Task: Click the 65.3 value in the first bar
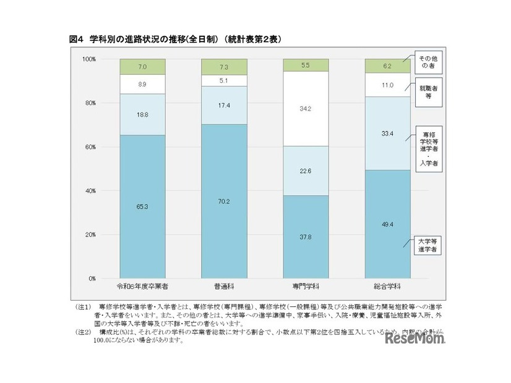pos(142,206)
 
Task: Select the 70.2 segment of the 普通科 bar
pos(224,201)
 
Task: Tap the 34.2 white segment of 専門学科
pos(306,108)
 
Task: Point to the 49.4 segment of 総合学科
pos(387,224)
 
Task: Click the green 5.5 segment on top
pos(306,65)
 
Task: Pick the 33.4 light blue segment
pos(387,132)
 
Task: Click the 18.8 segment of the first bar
pos(142,114)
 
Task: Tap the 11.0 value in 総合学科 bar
pos(387,85)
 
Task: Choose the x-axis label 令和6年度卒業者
pos(142,287)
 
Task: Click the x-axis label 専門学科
pos(306,287)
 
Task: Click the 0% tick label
pos(90,279)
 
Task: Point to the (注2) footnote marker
pos(83,332)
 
